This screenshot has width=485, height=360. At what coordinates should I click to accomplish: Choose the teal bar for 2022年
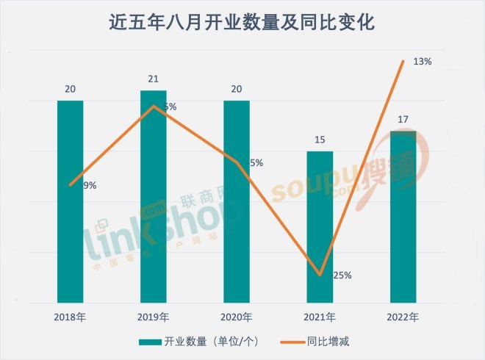(x=403, y=217)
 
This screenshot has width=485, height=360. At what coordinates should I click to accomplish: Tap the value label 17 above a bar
(x=403, y=119)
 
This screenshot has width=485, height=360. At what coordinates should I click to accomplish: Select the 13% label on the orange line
(x=423, y=62)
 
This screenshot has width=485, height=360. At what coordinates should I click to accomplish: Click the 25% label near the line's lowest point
(x=342, y=276)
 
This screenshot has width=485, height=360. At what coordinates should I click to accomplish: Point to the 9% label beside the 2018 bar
(x=89, y=186)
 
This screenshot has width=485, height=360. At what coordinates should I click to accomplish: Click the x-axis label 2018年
(x=70, y=317)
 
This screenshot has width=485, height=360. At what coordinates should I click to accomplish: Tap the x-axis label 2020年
(x=237, y=317)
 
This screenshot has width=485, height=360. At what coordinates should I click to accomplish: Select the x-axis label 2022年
(x=403, y=317)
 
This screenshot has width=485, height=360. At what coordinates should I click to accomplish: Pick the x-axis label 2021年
(x=320, y=317)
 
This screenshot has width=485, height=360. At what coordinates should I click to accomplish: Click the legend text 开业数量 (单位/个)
(x=209, y=342)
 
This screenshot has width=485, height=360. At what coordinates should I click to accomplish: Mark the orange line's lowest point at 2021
(x=320, y=275)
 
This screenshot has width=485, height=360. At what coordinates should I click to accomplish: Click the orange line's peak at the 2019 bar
(x=153, y=107)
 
